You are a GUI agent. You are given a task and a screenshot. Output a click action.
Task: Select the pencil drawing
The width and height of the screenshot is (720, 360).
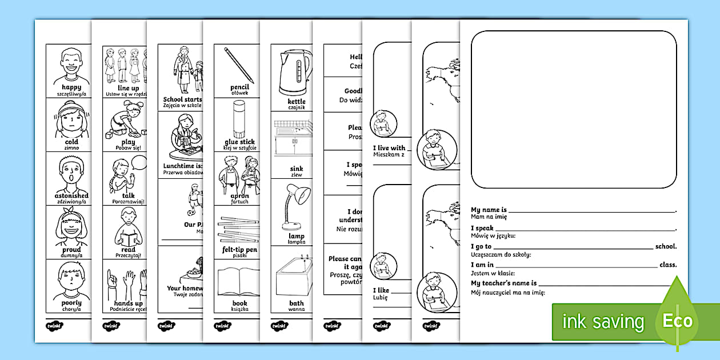(x=239, y=65)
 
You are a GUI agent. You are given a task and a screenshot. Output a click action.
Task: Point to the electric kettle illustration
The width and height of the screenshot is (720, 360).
(x=295, y=71)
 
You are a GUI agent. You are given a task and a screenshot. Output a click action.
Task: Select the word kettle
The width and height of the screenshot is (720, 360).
(x=297, y=102)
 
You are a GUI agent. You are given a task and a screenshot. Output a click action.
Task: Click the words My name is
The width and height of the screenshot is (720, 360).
(x=489, y=210)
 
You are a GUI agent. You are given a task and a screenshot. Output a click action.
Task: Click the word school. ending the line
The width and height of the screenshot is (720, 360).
(x=666, y=246)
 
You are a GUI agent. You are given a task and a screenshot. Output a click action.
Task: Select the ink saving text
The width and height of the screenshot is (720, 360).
(x=602, y=321)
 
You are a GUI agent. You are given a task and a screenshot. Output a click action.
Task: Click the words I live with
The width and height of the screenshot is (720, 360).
(x=389, y=148)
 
